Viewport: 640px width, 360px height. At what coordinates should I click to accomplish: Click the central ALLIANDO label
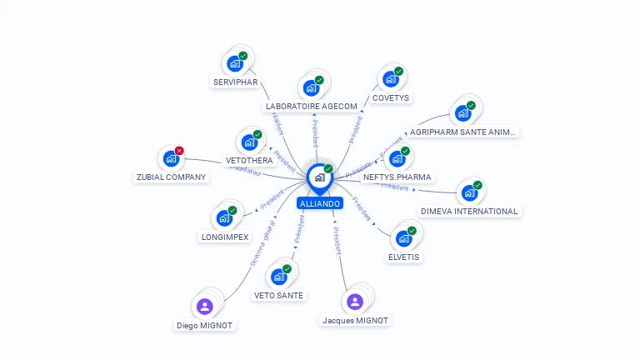pyautogui.click(x=320, y=203)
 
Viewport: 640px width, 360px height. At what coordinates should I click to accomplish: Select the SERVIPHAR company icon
pyautogui.click(x=234, y=63)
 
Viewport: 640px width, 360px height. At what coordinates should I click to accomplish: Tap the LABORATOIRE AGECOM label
pyautogui.click(x=311, y=107)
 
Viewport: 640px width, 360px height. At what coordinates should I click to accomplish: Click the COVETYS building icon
pyautogui.click(x=389, y=80)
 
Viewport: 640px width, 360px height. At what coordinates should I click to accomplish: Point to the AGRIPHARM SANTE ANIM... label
pyautogui.click(x=462, y=132)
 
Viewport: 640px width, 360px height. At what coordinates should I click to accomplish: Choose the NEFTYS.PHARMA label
pyautogui.click(x=397, y=177)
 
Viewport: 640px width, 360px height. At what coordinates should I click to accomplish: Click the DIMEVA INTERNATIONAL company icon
pyautogui.click(x=469, y=193)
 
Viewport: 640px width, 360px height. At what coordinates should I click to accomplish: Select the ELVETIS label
pyautogui.click(x=404, y=257)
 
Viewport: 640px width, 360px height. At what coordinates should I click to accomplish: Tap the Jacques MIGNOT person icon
pyautogui.click(x=355, y=302)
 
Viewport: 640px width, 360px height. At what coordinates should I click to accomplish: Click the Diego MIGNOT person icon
pyautogui.click(x=205, y=306)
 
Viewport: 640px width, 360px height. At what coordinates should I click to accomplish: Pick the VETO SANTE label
pyautogui.click(x=279, y=295)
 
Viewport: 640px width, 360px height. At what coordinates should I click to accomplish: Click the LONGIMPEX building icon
pyautogui.click(x=224, y=218)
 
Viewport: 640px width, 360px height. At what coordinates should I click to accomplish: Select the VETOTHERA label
pyautogui.click(x=249, y=161)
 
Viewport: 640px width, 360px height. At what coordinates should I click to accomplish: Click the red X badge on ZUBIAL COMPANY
pyautogui.click(x=179, y=150)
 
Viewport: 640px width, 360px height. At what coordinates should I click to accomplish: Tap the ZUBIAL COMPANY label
pyautogui.click(x=172, y=177)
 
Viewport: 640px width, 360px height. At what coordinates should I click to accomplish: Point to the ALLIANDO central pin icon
pyautogui.click(x=319, y=177)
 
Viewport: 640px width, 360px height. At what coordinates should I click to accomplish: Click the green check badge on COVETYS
pyautogui.click(x=398, y=72)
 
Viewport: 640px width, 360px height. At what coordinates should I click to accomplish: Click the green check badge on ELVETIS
pyautogui.click(x=412, y=230)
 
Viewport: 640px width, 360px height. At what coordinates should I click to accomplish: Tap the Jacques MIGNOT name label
pyautogui.click(x=355, y=321)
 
